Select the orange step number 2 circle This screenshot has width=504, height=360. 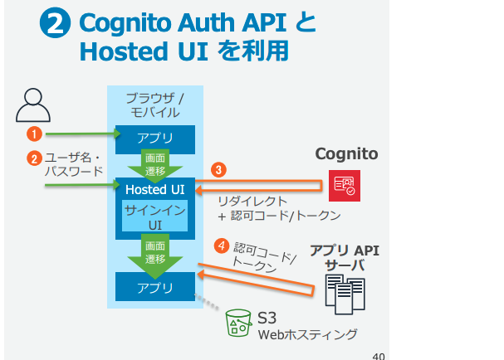[34, 157]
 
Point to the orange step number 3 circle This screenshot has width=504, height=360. [218, 169]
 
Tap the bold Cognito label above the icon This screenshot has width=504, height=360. [346, 154]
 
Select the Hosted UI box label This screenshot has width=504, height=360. [155, 190]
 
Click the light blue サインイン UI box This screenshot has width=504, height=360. [155, 216]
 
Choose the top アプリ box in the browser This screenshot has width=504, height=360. [155, 137]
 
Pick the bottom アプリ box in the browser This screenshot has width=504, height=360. [155, 289]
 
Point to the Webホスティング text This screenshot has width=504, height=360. [307, 335]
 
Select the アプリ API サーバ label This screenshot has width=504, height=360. [345, 257]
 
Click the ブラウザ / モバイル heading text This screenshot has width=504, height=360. [155, 104]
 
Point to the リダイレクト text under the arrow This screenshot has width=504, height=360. [252, 201]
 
